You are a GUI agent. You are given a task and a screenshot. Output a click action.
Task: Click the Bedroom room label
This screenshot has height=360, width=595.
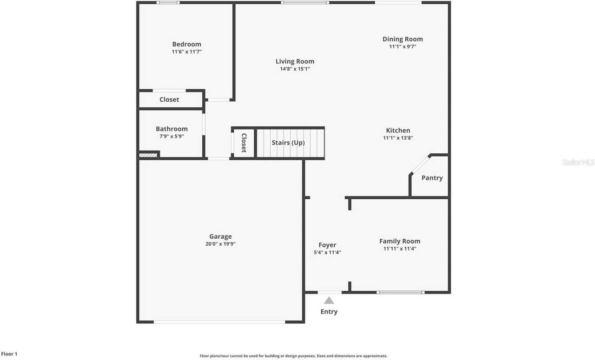186,44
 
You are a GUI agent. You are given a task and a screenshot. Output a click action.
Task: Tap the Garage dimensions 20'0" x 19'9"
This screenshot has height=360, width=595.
220,244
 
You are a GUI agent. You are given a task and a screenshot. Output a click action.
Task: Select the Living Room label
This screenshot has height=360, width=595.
295,61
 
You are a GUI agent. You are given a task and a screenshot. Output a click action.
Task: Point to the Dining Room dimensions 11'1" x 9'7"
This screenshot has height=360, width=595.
403,46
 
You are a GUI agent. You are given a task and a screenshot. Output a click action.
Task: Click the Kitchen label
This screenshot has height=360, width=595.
398,131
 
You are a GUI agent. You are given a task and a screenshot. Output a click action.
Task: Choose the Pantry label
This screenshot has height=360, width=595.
432,178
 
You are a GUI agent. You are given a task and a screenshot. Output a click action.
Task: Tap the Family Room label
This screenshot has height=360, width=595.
400,241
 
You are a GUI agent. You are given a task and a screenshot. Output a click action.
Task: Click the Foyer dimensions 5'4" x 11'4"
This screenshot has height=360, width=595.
327,253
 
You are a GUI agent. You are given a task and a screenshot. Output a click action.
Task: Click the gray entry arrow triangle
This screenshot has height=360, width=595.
329,301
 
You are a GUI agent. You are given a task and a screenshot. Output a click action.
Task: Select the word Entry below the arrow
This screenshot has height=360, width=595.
329,312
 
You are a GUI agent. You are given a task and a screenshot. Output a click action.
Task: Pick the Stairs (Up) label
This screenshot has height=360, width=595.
288,143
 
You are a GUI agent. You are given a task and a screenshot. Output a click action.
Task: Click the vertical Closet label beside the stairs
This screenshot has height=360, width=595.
244,143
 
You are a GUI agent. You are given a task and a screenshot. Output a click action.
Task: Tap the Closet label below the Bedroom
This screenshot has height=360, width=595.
169,99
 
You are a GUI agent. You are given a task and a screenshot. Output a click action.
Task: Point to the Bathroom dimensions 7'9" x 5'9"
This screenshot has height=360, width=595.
172,137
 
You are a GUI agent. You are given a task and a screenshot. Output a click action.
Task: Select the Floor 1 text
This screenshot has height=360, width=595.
9,354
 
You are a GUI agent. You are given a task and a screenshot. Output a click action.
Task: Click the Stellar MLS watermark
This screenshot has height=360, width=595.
578,162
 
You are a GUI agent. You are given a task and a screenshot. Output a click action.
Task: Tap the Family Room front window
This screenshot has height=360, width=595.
400,292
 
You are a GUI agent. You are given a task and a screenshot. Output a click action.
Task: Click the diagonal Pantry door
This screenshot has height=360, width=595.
420,164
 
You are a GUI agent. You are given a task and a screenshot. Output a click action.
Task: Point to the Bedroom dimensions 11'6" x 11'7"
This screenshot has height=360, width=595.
186,52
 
